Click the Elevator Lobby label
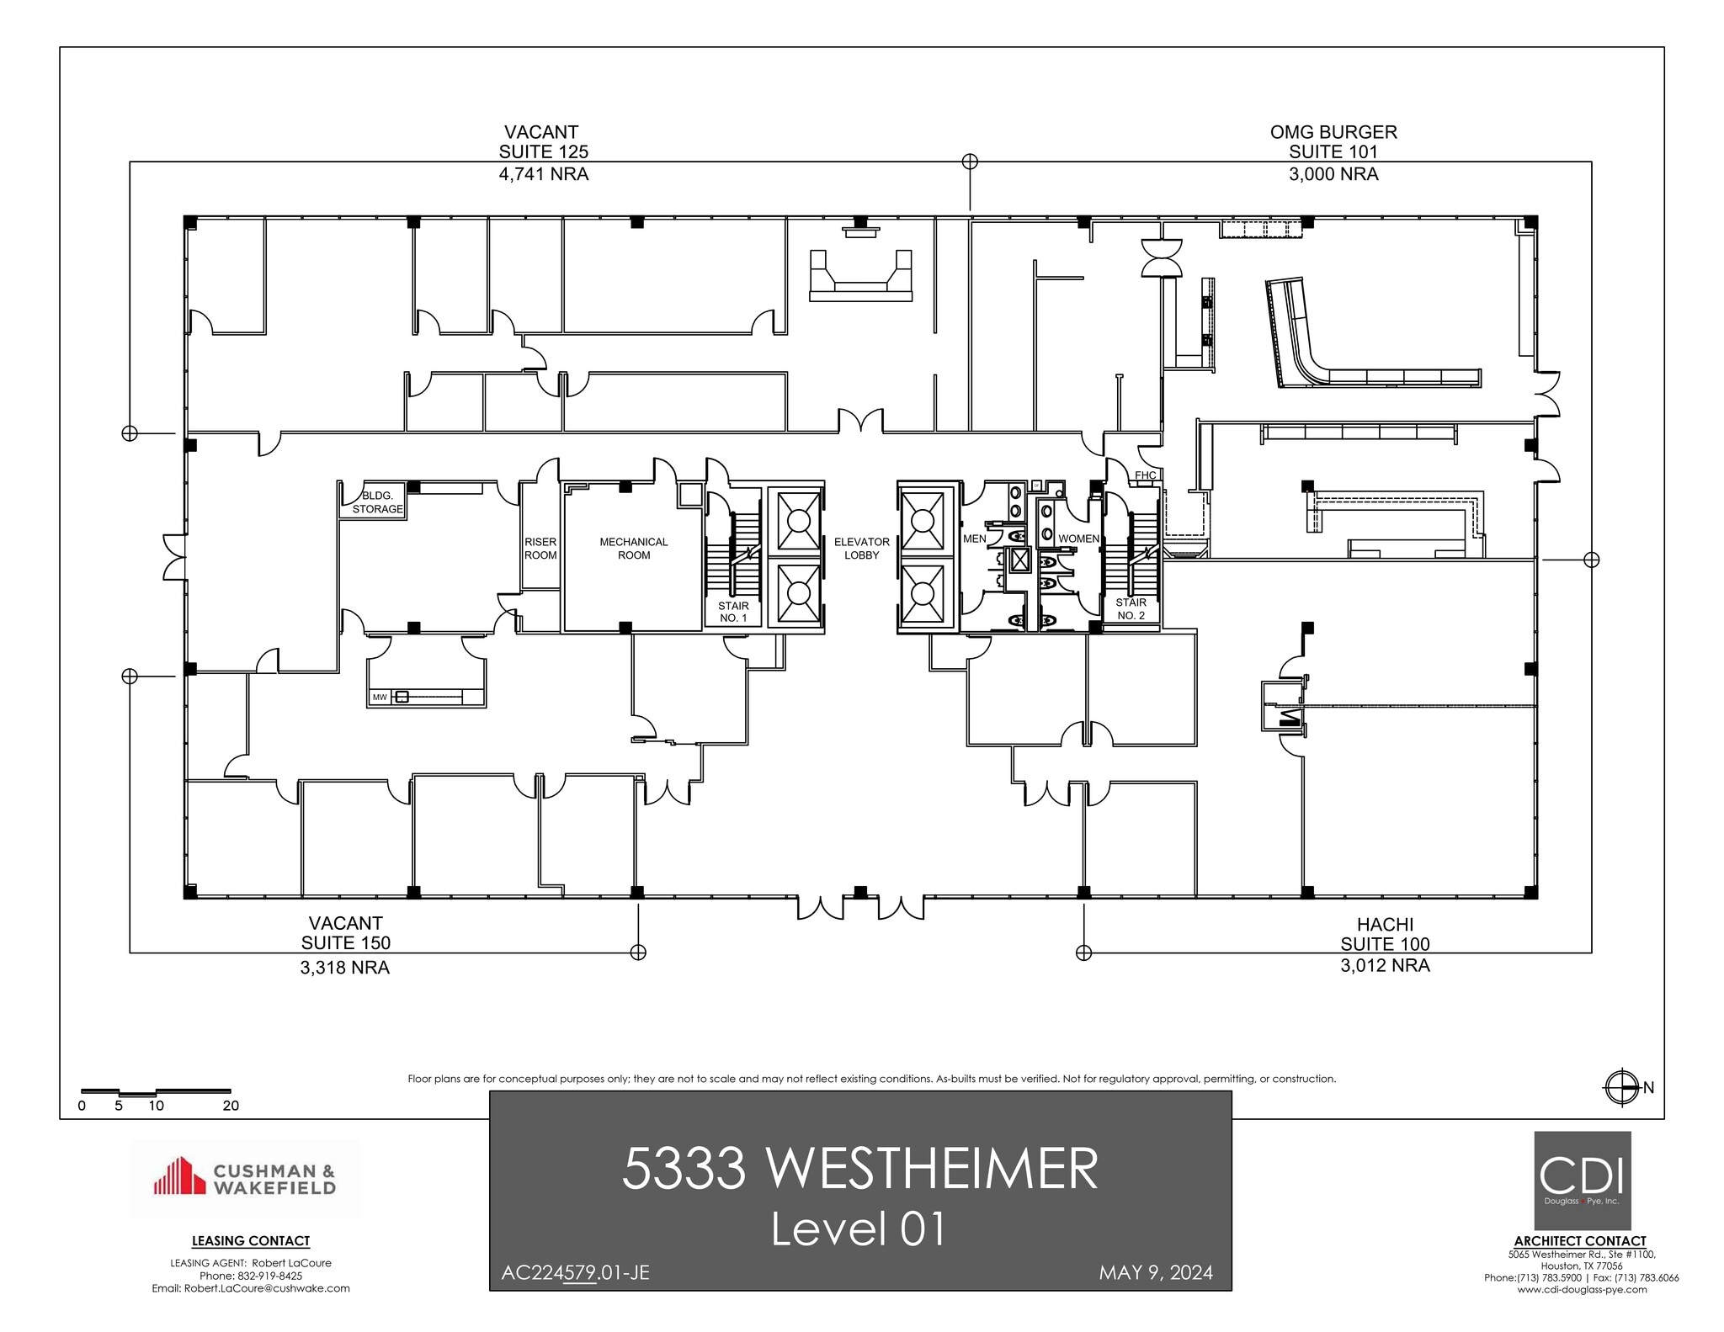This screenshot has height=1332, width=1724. (861, 548)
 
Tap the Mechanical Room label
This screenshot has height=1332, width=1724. (633, 548)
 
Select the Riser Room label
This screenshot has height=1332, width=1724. (540, 548)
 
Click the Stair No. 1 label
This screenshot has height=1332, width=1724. (732, 612)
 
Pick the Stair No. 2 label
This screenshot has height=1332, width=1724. (1131, 608)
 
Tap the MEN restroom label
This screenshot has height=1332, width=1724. (974, 539)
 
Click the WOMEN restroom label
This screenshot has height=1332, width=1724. (1077, 539)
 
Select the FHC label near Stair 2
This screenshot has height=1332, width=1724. (1145, 475)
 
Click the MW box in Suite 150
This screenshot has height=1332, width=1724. (380, 697)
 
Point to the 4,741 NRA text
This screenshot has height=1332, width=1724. (543, 174)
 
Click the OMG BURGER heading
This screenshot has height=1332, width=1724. (1333, 132)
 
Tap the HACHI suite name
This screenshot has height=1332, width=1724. (1385, 924)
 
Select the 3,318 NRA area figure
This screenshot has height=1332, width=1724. (344, 968)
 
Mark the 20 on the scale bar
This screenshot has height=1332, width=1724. (231, 1106)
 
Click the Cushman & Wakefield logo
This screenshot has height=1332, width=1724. (245, 1178)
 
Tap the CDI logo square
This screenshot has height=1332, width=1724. (1582, 1180)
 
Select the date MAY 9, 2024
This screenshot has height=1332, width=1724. (1155, 1272)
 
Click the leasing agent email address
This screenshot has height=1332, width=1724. (251, 1288)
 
